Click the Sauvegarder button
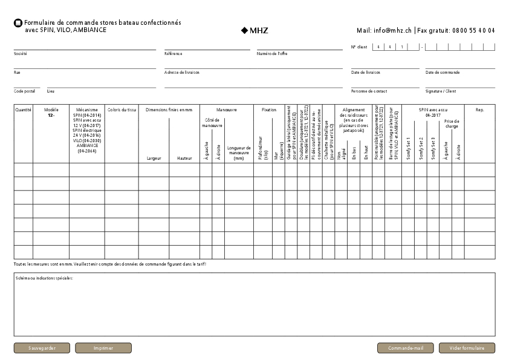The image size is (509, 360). pyautogui.click(x=42, y=348)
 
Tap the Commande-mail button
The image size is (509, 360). pyautogui.click(x=405, y=348)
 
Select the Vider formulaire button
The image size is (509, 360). pyautogui.click(x=467, y=348)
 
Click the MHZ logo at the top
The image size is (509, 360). pyautogui.click(x=254, y=30)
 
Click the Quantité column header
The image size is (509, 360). pyautogui.click(x=24, y=110)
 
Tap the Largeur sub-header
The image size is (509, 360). pyautogui.click(x=154, y=159)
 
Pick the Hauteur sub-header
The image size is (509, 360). pyautogui.click(x=184, y=159)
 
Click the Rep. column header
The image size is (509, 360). pyautogui.click(x=480, y=110)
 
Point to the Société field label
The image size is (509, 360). pyautogui.click(x=21, y=54)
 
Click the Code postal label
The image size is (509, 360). pyautogui.click(x=25, y=91)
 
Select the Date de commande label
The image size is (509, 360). pyautogui.click(x=443, y=73)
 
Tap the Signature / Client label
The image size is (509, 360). pyautogui.click(x=441, y=91)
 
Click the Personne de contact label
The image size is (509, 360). pyautogui.click(x=369, y=91)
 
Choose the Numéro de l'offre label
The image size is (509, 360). pyautogui.click(x=272, y=54)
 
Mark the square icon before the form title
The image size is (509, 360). pyautogui.click(x=18, y=23)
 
